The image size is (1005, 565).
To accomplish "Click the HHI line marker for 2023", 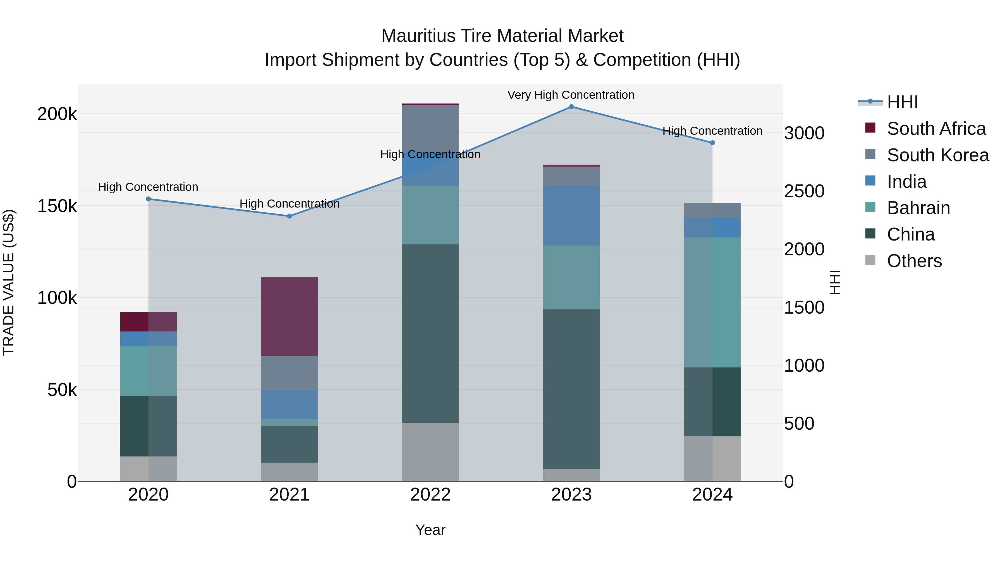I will click(571, 107).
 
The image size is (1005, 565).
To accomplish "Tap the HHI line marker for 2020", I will click(148, 199).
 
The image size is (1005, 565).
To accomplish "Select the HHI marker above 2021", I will click(289, 216).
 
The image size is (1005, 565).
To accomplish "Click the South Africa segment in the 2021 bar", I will click(289, 316).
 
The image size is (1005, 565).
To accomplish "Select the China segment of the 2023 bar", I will click(571, 389).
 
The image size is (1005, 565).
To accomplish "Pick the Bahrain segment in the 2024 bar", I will click(712, 302).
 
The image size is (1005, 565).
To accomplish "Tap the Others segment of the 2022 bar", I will click(430, 452).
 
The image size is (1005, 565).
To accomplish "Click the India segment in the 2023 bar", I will click(571, 215).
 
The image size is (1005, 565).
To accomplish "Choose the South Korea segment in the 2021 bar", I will click(289, 373).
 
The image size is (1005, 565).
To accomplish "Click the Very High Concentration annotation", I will click(571, 95).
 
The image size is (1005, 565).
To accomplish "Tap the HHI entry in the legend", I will click(902, 102).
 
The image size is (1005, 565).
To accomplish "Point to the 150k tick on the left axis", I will click(57, 206).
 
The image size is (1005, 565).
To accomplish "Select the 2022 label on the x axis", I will click(430, 495).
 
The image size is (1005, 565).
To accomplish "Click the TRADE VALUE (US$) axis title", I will click(9, 283).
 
